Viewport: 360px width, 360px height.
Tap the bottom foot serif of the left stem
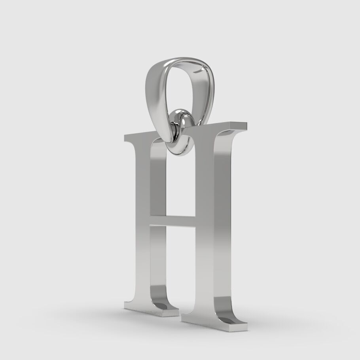[150, 311]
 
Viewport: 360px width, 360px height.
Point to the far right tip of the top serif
[245, 126]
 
